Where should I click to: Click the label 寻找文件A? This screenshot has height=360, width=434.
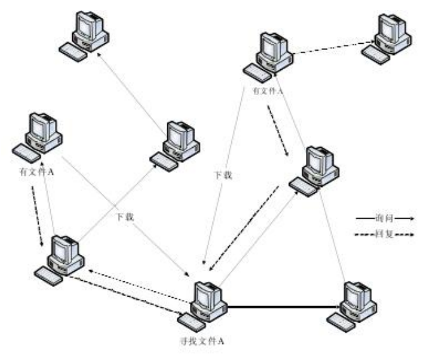pos(202,341)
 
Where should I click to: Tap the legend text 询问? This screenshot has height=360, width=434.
pos(383,217)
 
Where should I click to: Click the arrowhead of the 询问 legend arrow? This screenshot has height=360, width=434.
pos(412,218)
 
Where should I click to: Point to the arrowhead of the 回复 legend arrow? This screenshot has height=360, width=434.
pos(411,235)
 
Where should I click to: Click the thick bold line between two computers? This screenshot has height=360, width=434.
pos(279,308)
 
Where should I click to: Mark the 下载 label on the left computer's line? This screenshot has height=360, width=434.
pos(124,217)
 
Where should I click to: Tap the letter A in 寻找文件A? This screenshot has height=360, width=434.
pos(222,341)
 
